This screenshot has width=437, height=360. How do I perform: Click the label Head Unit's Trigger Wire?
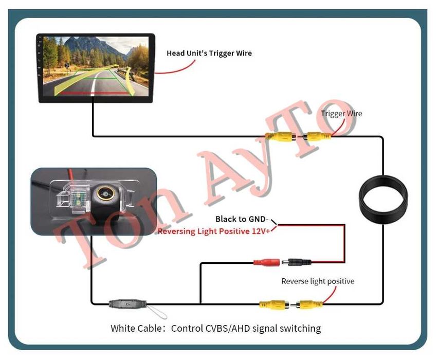pos(209,53)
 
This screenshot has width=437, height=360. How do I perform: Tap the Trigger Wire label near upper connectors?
pos(341,114)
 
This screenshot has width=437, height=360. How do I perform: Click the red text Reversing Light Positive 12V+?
pos(214,231)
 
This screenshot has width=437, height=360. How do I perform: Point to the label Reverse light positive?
pos(318,281)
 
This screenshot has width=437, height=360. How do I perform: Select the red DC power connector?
pos(266,262)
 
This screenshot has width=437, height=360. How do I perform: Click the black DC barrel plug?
pos(297,262)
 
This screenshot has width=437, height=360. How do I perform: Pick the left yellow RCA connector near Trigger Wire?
pos(281,137)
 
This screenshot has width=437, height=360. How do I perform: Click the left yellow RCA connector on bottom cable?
pos(274,304)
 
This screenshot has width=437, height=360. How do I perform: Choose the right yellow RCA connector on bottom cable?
pos(307,304)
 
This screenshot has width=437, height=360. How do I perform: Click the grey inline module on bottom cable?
pos(128,303)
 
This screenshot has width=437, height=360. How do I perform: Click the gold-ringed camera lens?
pos(105,193)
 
